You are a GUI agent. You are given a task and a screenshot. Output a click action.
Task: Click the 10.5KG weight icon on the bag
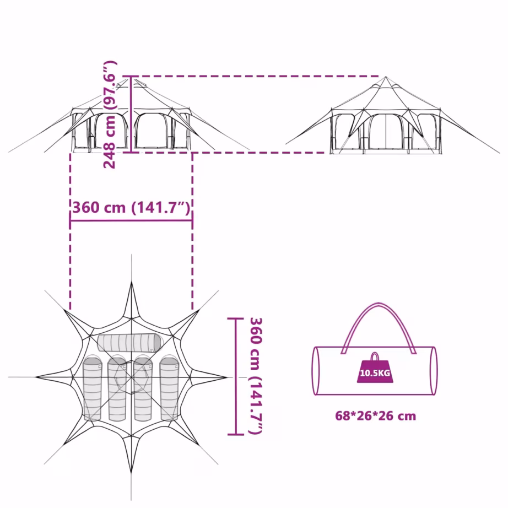375,369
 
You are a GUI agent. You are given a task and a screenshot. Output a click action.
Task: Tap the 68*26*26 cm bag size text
376,415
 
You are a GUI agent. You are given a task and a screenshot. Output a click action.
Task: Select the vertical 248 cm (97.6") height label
110,115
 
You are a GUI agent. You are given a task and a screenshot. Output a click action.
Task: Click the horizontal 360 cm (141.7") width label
131,207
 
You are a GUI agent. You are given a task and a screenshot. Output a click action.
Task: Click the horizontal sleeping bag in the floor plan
129,343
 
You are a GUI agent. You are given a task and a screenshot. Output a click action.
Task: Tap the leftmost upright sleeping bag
93,389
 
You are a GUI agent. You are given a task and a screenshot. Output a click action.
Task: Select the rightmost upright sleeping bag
169,389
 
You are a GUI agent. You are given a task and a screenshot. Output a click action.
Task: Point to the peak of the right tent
386,77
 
